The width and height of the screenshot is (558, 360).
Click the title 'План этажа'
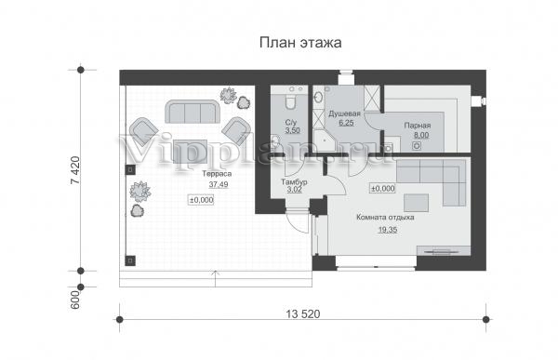coord(300,43)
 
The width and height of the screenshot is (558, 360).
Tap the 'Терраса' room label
coord(217,174)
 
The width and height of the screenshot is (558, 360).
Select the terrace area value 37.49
coord(219,184)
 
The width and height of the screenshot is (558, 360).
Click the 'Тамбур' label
coord(294,182)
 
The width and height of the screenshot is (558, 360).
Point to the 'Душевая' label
coord(344,113)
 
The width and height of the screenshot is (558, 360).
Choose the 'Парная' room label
coord(418,126)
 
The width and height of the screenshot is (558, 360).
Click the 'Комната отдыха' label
coord(385,218)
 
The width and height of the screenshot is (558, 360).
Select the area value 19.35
coord(388,230)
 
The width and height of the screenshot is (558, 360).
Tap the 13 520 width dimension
coord(303,314)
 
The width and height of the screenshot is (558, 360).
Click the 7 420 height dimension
coord(75,170)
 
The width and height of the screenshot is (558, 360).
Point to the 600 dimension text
coord(75,300)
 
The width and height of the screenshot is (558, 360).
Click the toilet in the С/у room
coord(290,101)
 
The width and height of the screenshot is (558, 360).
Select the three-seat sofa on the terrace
coord(192,112)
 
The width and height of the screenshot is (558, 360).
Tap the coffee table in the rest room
coord(416,203)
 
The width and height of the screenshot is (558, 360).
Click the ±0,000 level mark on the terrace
coord(202,200)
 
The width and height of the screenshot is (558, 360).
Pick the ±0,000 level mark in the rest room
coord(383,188)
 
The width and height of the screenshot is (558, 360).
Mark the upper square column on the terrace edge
coord(130,169)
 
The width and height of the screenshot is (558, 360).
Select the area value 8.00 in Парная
coord(421,135)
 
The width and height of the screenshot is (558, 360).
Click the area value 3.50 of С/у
coord(293,130)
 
